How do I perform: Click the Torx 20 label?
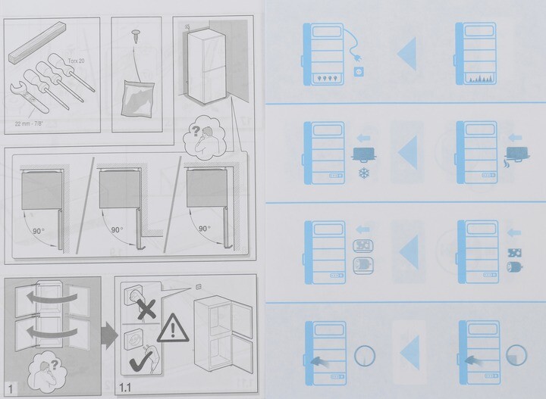[x=76, y=61]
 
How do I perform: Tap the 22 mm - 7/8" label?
[x=29, y=123]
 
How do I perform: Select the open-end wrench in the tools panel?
[x=29, y=97]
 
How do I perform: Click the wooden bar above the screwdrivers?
[x=37, y=42]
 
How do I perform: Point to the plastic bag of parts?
[x=137, y=98]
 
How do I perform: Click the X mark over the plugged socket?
[x=146, y=310]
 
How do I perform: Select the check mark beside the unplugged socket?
[x=141, y=361]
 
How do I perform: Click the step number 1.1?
[x=125, y=387]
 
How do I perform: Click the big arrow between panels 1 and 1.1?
[x=109, y=335]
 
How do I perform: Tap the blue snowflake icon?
[x=364, y=173]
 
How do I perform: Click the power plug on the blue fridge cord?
[x=357, y=58]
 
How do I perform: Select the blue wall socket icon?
[x=358, y=72]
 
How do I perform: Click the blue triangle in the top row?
[x=407, y=54]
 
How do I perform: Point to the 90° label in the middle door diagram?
[x=117, y=229]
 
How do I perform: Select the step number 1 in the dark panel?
[x=11, y=389]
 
